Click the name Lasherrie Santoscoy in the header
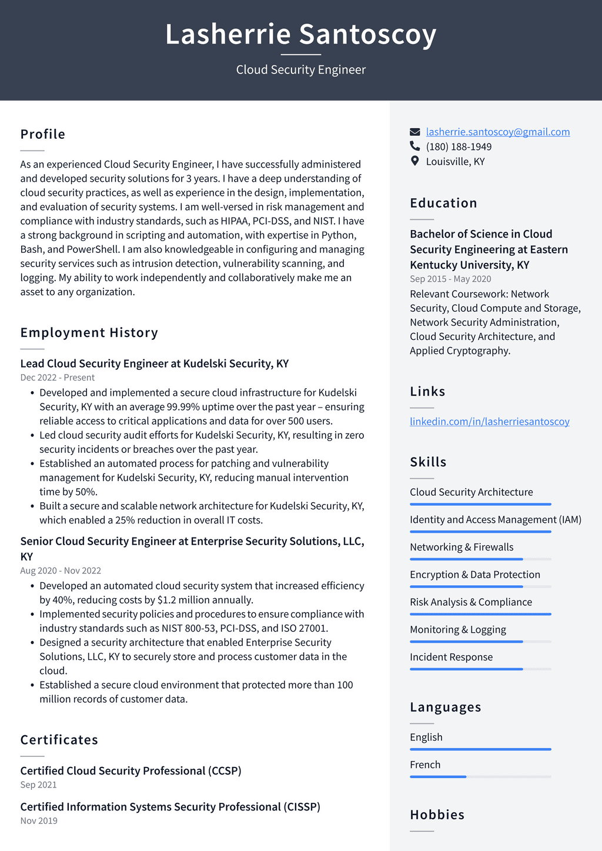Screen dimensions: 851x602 pos(300,34)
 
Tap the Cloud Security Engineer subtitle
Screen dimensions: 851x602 pos(300,69)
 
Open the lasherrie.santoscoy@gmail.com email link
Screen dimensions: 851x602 pos(497,132)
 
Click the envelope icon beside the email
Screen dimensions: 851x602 pos(415,132)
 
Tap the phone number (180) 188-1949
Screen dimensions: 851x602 pos(459,146)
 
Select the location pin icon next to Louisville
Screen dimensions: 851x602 pos(415,161)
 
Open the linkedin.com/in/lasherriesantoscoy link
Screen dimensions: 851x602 pos(489,421)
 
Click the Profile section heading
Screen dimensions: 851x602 pos(43,134)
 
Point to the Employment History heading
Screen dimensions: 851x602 pos(89,332)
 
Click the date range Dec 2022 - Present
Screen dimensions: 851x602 pos(57,378)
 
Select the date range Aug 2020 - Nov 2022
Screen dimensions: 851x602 pos(61,570)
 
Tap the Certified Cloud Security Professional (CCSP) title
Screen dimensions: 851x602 pos(131,770)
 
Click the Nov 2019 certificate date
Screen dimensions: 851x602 pos(39,820)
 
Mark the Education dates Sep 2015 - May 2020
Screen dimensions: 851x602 pos(450,279)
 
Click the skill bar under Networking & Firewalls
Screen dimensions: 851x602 pos(480,559)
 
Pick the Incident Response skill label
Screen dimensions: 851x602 pos(451,657)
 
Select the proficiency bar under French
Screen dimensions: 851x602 pos(480,777)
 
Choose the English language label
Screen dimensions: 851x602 pos(426,737)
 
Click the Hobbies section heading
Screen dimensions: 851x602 pos(437,815)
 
